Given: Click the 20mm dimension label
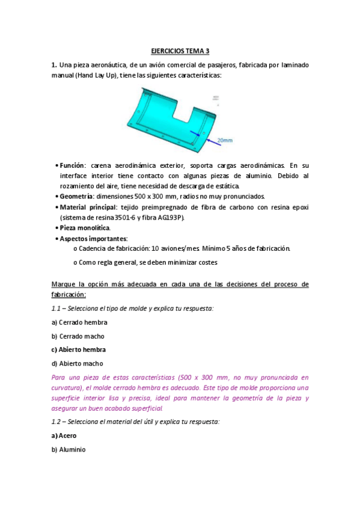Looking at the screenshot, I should point(225,140).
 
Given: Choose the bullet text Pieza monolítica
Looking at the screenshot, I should point(84,228).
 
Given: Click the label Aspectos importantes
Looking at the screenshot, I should point(94,239).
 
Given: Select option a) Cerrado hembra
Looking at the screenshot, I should point(79,322).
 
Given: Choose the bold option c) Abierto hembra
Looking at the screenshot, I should point(78,349).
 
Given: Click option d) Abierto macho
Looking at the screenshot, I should point(78,363).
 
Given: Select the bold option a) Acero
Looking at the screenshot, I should point(64,435).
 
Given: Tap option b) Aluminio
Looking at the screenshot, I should point(69,449).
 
